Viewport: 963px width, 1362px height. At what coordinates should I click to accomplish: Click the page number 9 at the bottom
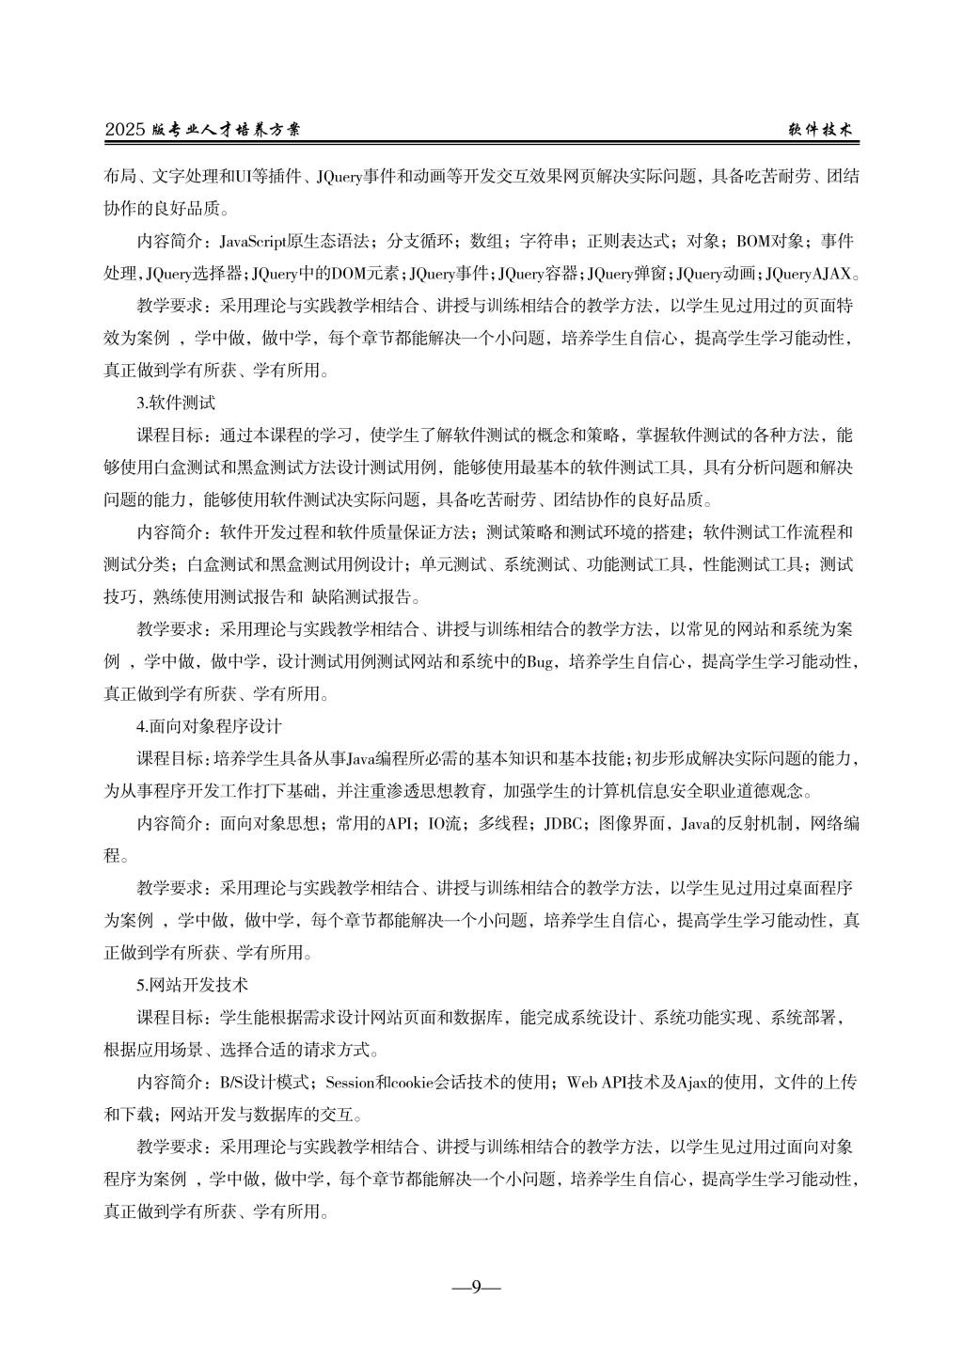[x=476, y=1286]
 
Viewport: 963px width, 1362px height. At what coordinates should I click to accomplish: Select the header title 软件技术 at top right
[x=820, y=131]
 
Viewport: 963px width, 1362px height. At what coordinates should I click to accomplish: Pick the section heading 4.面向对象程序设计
[x=209, y=726]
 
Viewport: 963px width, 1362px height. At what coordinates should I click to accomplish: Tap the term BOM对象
[x=770, y=242]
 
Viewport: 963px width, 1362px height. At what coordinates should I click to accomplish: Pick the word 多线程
[x=502, y=824]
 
